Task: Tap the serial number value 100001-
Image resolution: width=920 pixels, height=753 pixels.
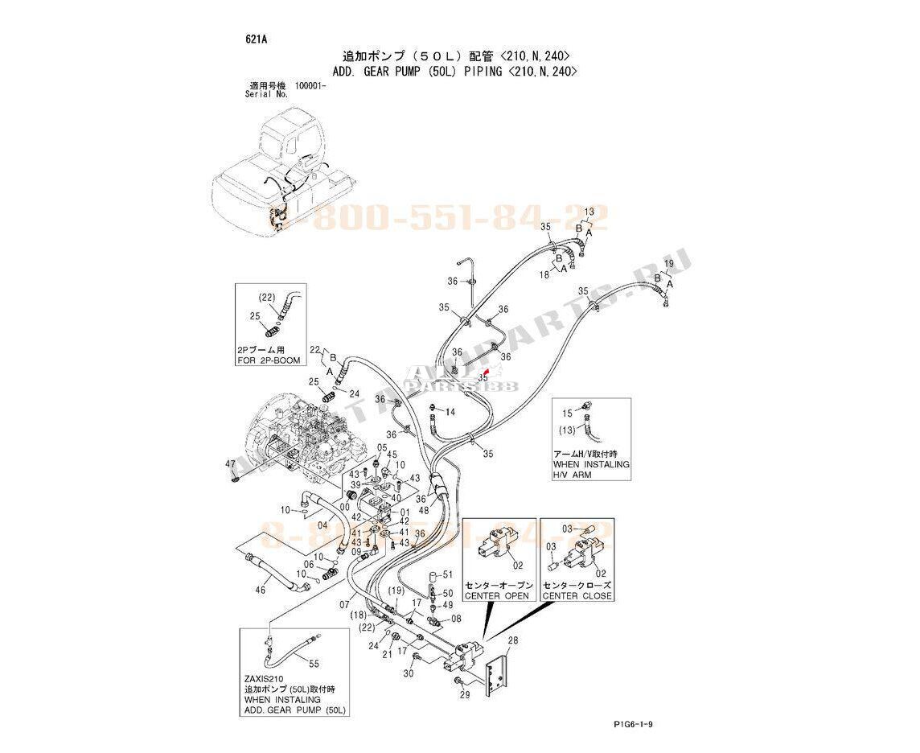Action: tap(310, 85)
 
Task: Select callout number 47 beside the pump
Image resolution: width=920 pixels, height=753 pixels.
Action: tap(230, 464)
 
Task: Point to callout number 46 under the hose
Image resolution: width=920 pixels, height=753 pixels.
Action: tap(260, 590)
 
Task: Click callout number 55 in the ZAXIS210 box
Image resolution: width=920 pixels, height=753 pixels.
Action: tap(314, 663)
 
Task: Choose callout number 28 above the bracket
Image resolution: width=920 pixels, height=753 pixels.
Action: tap(513, 640)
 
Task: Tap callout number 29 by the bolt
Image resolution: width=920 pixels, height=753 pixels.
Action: tap(465, 694)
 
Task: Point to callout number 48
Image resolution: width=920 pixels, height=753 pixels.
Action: tap(423, 508)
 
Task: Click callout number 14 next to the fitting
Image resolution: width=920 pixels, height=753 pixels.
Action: tap(450, 412)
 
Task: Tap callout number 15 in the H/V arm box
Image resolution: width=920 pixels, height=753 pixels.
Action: tap(566, 413)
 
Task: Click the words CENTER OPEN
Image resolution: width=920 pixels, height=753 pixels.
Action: tap(497, 596)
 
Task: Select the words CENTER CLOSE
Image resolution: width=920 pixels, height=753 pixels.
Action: tap(577, 596)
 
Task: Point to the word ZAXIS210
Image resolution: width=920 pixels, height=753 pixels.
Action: tap(262, 678)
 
